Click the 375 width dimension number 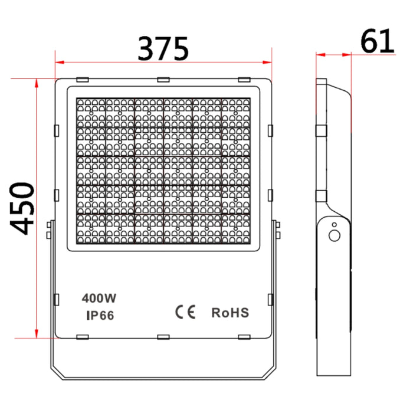[x=163, y=49]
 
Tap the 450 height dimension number [x=22, y=209]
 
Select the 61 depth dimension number [x=377, y=41]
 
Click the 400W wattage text [x=99, y=298]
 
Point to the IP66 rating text [x=100, y=315]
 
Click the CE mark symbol [x=185, y=312]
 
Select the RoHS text [x=230, y=313]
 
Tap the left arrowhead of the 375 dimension [x=60, y=63]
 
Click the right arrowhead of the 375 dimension [x=267, y=63]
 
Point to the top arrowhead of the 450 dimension [x=37, y=83]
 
